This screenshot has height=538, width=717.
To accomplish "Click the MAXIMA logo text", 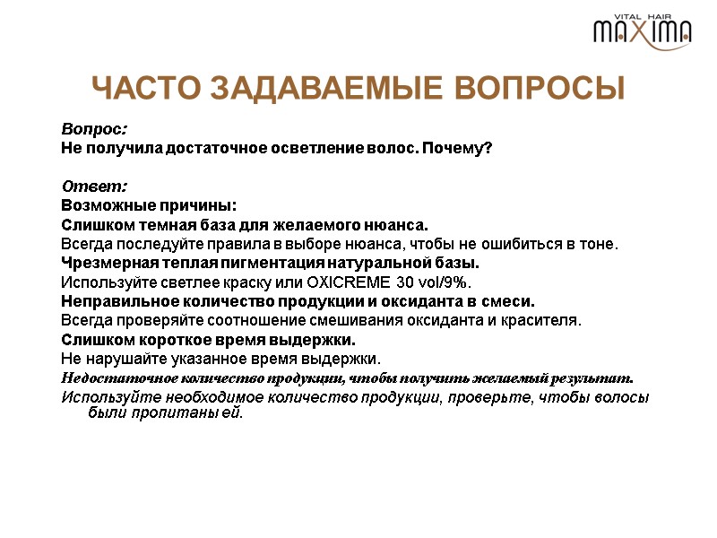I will pos(642,32).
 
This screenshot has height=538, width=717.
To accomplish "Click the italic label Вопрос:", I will pos(94,129).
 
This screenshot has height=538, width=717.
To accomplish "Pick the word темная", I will pos(168,224).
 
